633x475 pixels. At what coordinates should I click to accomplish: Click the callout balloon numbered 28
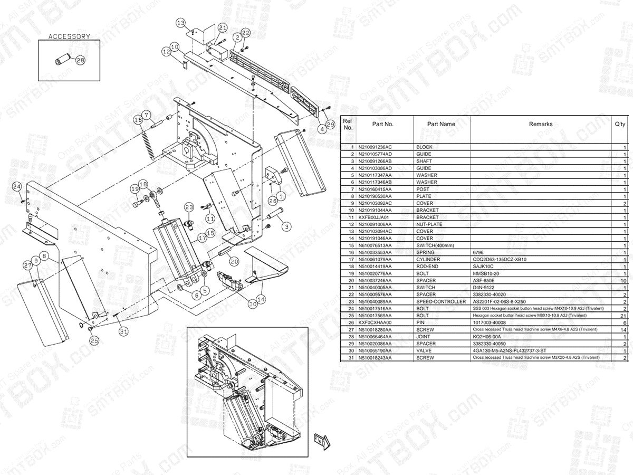(x=81, y=60)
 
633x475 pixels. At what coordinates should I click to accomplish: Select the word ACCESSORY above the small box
(x=69, y=36)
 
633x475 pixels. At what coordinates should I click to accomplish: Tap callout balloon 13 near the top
(x=181, y=23)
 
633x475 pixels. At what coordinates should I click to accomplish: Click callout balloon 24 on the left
(x=17, y=186)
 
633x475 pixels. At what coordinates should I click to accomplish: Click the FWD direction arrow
(x=321, y=440)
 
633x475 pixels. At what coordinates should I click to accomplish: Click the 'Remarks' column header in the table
(x=541, y=124)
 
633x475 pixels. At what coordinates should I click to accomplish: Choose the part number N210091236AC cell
(x=375, y=147)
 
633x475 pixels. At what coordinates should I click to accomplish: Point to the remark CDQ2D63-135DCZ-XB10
(x=500, y=260)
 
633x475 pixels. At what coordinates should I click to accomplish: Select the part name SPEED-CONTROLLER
(x=441, y=301)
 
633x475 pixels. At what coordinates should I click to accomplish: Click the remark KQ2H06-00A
(x=486, y=337)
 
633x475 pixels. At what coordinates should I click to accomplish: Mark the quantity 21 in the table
(x=623, y=316)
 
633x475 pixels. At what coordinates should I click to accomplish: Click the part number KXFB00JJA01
(x=373, y=217)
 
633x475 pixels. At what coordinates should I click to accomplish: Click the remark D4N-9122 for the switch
(x=483, y=288)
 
